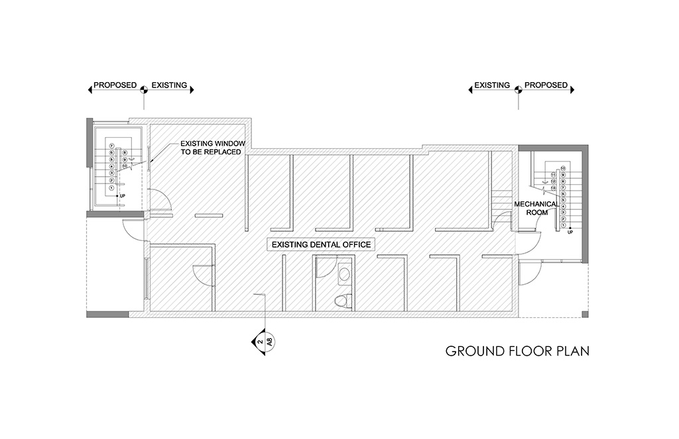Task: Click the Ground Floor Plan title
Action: (x=517, y=350)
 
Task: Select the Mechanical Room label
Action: (x=534, y=209)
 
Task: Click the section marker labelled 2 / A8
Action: (x=265, y=342)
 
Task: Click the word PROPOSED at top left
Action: (x=115, y=85)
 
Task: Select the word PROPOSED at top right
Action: (x=546, y=85)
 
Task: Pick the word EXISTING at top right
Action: (x=491, y=85)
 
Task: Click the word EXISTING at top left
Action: (x=169, y=85)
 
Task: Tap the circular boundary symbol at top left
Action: (x=145, y=93)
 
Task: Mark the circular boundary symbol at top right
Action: (x=519, y=93)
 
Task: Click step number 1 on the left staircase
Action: (x=111, y=188)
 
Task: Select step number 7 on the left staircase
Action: (x=111, y=146)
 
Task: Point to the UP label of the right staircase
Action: (x=570, y=232)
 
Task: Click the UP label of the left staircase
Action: (x=122, y=196)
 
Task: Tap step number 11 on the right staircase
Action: (x=552, y=175)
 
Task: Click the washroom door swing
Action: (x=323, y=267)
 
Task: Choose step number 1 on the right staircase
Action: (x=563, y=225)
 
